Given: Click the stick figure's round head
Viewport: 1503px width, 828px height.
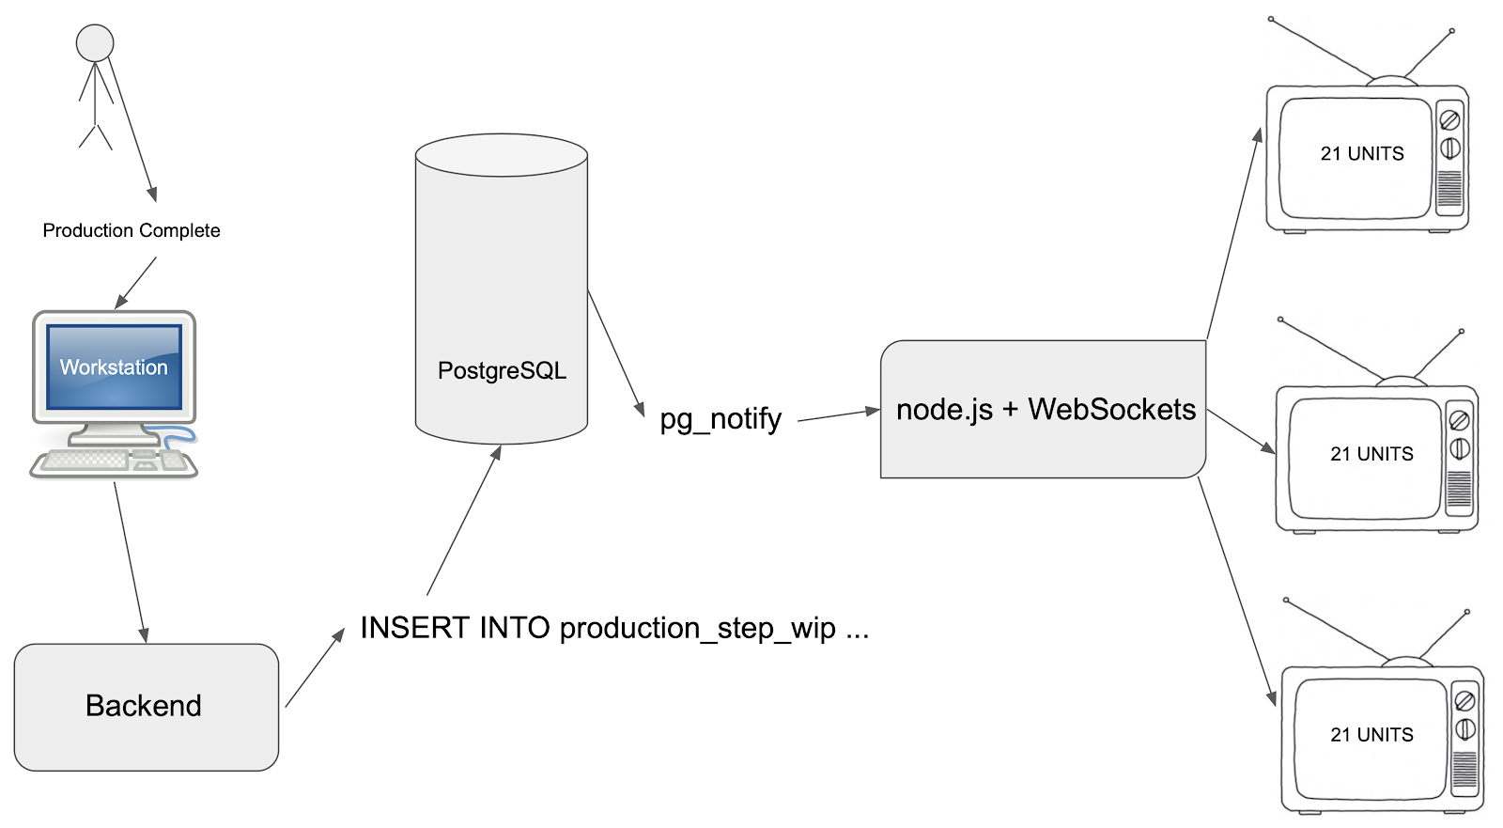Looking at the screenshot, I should (95, 43).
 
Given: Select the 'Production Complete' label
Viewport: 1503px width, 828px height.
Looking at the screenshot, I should (132, 231).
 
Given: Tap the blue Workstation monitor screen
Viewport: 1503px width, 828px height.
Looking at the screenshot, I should (115, 367).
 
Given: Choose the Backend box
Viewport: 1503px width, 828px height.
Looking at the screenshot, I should (146, 707).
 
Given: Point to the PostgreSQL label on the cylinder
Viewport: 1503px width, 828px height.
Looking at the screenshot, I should (502, 370).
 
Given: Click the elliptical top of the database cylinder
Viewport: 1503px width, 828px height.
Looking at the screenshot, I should (502, 155).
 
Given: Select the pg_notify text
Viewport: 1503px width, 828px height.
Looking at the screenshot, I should (721, 418).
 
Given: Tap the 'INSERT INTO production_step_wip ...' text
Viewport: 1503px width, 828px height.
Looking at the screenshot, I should (614, 628).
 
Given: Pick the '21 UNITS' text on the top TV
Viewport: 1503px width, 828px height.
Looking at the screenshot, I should (1362, 154).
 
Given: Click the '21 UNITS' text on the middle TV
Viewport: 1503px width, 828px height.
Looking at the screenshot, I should (1371, 455).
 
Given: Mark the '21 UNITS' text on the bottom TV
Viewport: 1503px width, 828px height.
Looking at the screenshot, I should (1371, 735).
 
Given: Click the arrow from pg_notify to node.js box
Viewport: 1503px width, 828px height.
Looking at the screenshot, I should (838, 415).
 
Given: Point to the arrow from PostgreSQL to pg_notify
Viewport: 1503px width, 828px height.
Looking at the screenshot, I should (615, 352).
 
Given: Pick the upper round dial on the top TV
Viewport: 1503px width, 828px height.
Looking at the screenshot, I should (1449, 120).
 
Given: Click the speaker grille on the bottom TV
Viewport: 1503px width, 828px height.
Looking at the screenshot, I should (1464, 771).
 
